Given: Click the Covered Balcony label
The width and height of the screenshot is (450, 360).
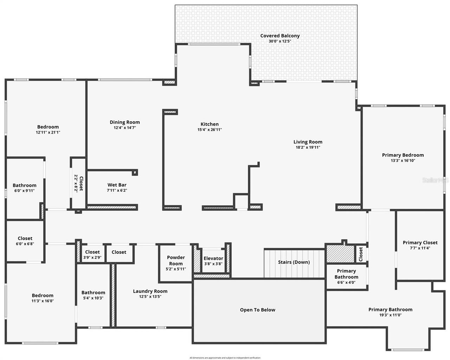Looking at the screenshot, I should (280, 36).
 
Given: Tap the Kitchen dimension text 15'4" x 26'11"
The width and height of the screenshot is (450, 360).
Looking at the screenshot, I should (210, 130).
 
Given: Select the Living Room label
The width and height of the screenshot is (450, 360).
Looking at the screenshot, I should (308, 142).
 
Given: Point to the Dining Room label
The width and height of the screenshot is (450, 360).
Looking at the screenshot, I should (124, 122).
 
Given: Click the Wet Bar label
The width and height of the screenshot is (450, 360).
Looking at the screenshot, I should (117, 185).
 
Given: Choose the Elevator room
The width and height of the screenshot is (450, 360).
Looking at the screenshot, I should (213, 261).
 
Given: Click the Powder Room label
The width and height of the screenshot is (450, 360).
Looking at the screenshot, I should (176, 260).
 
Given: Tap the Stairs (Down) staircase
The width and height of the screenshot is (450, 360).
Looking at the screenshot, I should (294, 262).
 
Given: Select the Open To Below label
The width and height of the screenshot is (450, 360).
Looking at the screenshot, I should (257, 310).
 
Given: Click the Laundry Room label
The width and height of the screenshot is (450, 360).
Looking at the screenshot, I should (150, 291).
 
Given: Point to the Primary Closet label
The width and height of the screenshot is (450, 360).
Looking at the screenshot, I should (420, 243).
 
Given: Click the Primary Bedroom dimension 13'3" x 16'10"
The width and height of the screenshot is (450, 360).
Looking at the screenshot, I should (403, 161).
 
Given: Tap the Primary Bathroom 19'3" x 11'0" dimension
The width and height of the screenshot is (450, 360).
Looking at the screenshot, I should (390, 315).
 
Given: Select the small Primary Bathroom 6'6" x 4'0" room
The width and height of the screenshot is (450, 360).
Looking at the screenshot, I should (346, 276).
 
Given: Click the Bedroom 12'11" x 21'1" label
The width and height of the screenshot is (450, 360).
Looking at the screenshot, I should (48, 127).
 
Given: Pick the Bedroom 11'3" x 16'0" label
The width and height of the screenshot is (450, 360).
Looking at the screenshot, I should (43, 295).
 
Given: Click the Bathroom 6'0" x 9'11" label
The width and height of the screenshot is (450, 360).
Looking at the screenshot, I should (24, 185).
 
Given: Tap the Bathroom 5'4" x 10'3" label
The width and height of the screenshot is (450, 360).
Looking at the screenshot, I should (93, 292).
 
